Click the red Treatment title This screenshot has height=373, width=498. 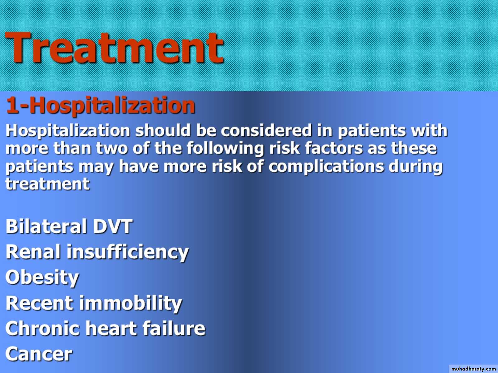pyautogui.click(x=115, y=48)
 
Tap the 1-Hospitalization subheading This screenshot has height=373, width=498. pyautogui.click(x=101, y=106)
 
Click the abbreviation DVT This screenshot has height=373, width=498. pyautogui.click(x=113, y=226)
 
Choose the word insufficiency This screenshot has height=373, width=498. pyautogui.click(x=128, y=252)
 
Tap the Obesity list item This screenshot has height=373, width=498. pyautogui.click(x=42, y=278)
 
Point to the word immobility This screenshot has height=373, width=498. pyautogui.click(x=130, y=303)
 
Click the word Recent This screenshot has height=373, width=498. pyautogui.click(x=39, y=303)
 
